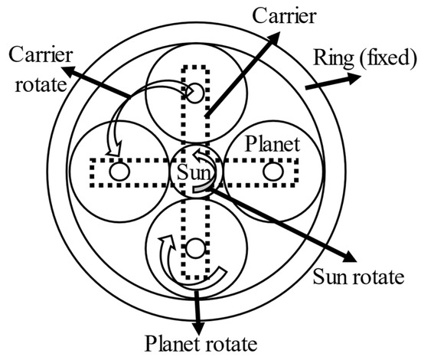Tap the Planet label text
point(272,144)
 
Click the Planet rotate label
point(201,343)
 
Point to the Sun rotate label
point(359,277)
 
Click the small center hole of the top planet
point(195,93)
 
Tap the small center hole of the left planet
point(119,171)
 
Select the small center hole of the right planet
point(273,171)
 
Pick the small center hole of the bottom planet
point(195,248)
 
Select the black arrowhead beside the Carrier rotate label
point(70,71)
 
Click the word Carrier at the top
point(284,15)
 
